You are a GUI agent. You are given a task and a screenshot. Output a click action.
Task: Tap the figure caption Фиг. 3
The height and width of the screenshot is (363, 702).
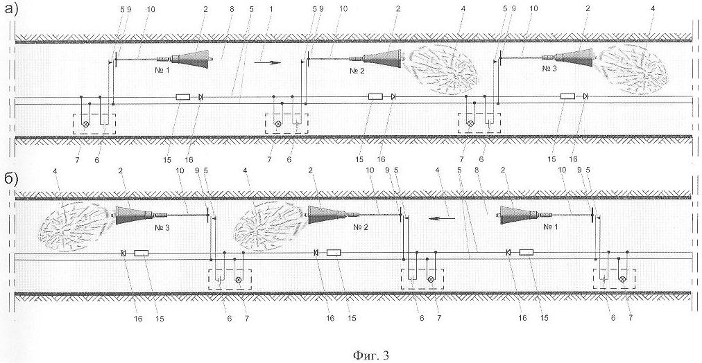[371, 355]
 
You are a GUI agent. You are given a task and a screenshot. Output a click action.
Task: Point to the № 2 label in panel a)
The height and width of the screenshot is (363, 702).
[359, 71]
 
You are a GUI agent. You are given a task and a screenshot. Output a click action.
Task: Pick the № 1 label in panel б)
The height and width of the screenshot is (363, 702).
[551, 227]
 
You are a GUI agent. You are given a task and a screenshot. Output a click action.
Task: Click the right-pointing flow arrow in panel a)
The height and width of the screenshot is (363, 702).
[268, 63]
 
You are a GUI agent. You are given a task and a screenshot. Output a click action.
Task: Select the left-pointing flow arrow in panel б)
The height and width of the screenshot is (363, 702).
[441, 219]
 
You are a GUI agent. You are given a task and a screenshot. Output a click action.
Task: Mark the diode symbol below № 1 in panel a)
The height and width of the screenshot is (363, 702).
[200, 96]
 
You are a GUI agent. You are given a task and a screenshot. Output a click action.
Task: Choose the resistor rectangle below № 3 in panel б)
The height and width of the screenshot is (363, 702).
[141, 253]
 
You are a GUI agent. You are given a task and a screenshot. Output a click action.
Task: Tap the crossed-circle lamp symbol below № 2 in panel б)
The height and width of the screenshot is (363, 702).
[431, 279]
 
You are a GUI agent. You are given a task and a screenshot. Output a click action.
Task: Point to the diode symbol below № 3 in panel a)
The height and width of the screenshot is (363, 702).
[585, 96]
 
